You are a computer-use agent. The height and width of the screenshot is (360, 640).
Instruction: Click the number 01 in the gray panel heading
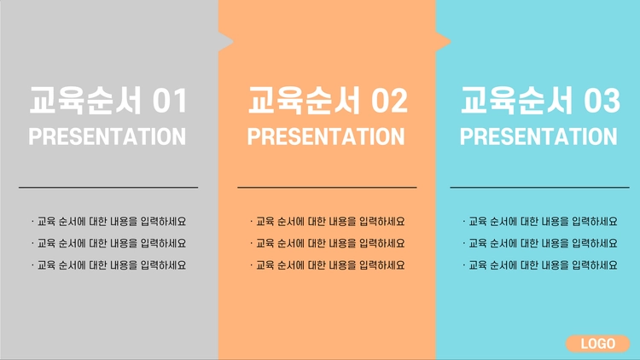(x=170, y=101)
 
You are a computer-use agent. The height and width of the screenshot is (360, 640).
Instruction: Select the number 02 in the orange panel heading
(x=389, y=101)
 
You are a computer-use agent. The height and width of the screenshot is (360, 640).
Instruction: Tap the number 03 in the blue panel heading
(x=602, y=101)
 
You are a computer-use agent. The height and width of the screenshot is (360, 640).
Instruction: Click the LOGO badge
(x=597, y=344)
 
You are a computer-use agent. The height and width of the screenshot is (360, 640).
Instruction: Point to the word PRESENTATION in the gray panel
(x=107, y=136)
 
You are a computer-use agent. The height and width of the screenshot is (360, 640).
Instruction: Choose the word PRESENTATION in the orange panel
(x=326, y=136)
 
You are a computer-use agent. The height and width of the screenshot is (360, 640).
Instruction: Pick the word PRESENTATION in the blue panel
(x=538, y=136)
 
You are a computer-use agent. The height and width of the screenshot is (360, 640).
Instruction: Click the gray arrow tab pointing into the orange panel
(x=226, y=42)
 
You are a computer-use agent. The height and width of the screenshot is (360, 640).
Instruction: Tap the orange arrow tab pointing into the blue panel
(x=443, y=42)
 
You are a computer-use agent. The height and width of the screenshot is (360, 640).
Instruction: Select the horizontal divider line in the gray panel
(x=108, y=188)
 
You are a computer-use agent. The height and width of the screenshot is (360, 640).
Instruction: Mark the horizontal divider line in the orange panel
(x=327, y=188)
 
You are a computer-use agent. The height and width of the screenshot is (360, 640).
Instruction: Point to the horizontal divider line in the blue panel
(x=539, y=188)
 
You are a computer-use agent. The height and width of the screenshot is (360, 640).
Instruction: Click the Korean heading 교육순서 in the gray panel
(x=85, y=101)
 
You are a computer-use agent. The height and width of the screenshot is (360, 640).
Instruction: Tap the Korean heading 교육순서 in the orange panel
(x=305, y=101)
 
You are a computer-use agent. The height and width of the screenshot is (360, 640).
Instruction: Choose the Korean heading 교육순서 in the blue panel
(x=517, y=101)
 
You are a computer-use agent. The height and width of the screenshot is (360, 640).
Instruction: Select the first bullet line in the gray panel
(x=108, y=222)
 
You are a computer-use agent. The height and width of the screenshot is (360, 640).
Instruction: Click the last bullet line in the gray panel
(x=108, y=265)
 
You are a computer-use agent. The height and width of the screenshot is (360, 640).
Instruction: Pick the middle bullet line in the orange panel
(x=328, y=244)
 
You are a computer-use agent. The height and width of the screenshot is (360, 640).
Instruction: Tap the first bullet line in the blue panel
(x=540, y=222)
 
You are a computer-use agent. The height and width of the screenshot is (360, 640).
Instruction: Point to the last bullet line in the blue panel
(x=540, y=265)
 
